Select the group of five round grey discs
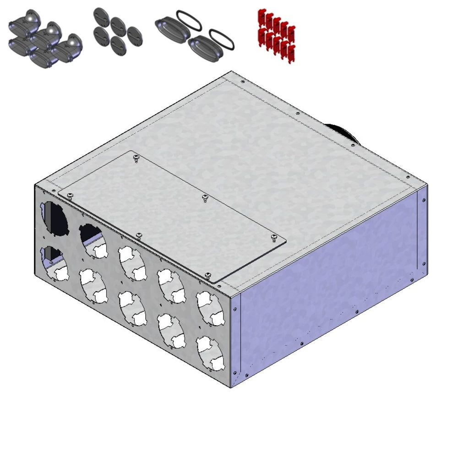pyautogui.click(x=118, y=33)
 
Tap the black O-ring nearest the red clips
pyautogui.click(x=222, y=39)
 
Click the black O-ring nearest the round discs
pyautogui.click(x=188, y=19)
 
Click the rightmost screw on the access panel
pyautogui.click(x=274, y=237)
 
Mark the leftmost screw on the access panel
pyautogui.click(x=69, y=196)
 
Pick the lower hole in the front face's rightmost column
pyautogui.click(x=210, y=353)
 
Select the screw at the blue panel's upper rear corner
pyautogui.click(x=423, y=200)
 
